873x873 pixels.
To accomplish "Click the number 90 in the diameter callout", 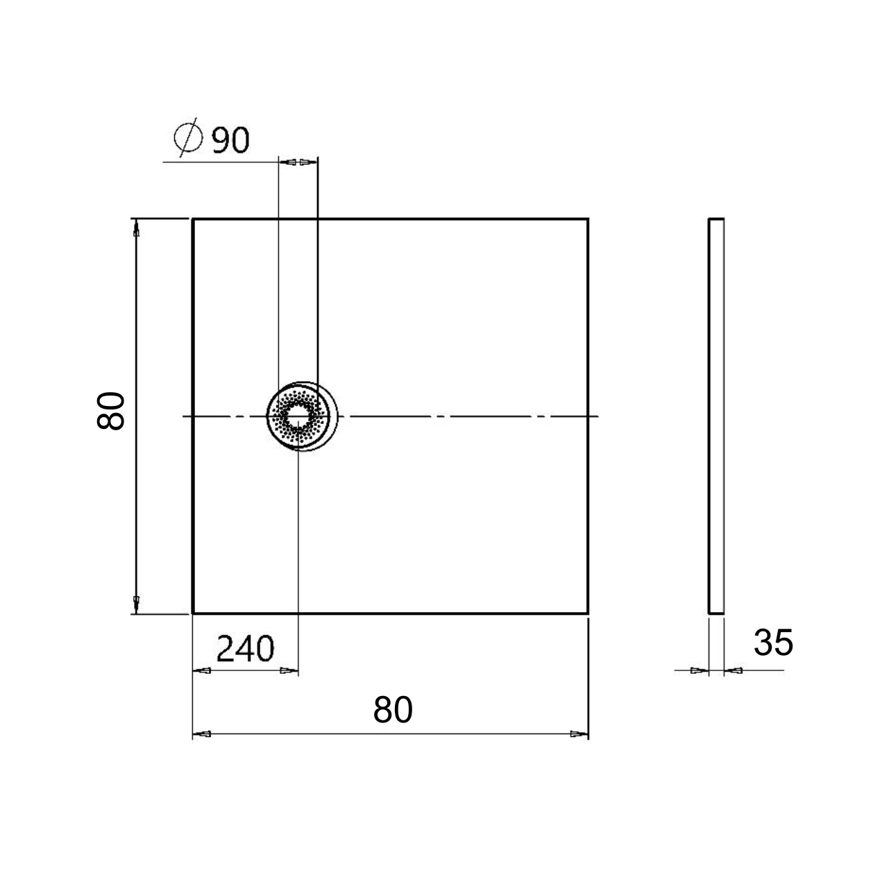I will coord(230,140).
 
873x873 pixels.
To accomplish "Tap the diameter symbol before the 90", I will coord(188,139).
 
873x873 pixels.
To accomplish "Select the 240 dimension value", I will coord(246,650).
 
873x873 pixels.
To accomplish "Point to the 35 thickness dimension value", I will coord(773,643).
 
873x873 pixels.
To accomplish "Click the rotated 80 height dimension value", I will coord(111,411).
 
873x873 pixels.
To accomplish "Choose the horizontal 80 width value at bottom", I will coord(393,710).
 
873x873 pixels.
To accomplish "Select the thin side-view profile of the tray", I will coord(715,416).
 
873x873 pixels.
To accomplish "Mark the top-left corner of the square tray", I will coord(193,219).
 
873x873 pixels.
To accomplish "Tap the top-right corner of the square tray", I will coord(588,219).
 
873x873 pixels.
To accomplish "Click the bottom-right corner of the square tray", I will coord(588,613).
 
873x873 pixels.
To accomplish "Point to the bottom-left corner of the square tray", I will coord(193,613).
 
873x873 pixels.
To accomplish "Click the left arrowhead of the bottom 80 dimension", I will coord(201,734).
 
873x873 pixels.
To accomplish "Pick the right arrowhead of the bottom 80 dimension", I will coord(579,734).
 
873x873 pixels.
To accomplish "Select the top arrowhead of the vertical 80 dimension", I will coord(136,228).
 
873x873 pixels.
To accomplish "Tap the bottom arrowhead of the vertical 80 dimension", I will coord(136,604).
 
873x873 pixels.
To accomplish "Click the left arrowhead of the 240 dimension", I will coord(201,671).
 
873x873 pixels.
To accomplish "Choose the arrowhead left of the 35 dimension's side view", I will coord(699,670).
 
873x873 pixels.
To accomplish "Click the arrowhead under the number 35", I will coord(733,670).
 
